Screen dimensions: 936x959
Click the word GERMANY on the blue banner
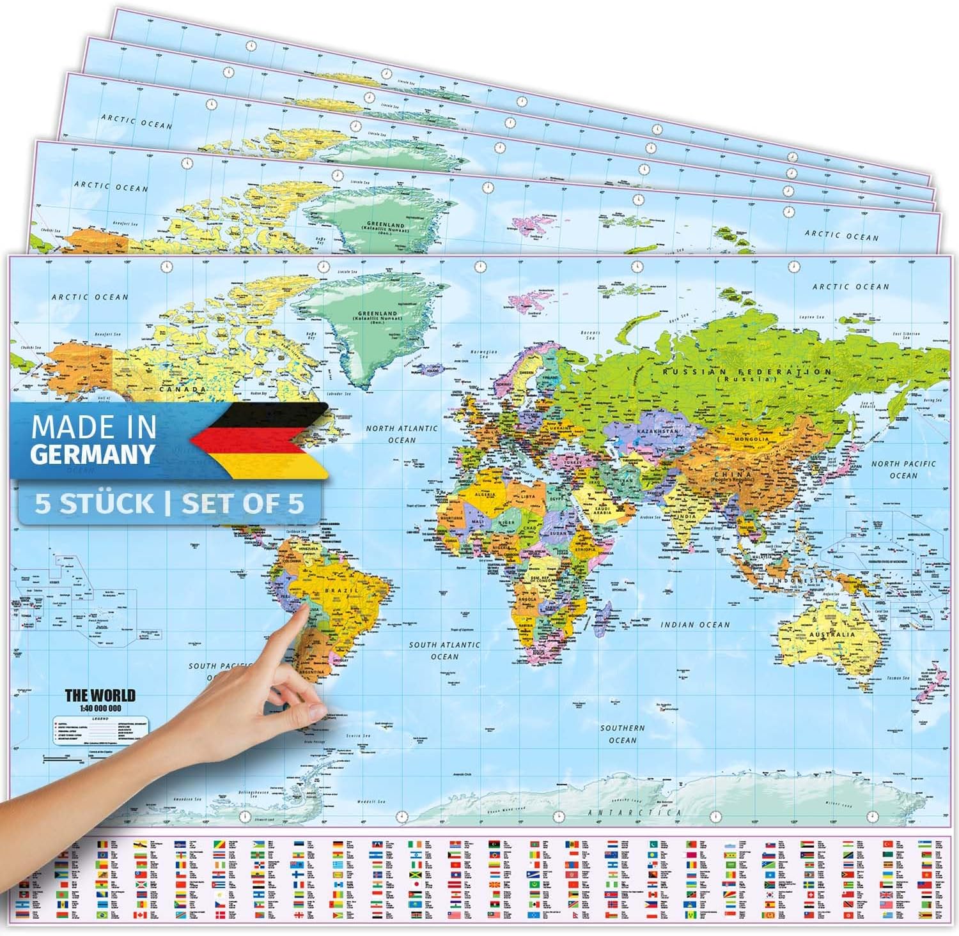click(x=93, y=453)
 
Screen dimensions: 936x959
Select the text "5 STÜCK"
click(x=94, y=504)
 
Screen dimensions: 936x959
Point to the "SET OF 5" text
click(x=242, y=504)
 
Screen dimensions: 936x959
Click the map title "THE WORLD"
click(x=100, y=695)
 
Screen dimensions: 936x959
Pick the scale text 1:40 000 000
click(x=100, y=708)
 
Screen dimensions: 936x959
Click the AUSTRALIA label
click(x=830, y=634)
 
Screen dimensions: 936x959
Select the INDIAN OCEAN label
click(x=695, y=625)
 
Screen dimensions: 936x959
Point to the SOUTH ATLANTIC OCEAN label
click(x=444, y=650)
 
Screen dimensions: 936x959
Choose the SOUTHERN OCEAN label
click(x=622, y=733)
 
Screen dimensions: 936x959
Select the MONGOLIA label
click(x=752, y=439)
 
